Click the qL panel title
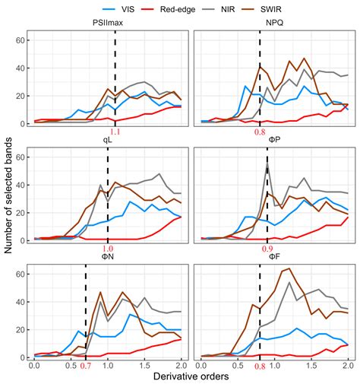(x=106, y=140)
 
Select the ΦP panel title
(x=273, y=140)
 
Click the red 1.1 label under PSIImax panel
(x=115, y=132)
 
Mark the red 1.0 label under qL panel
(x=107, y=249)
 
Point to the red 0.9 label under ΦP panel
(x=267, y=249)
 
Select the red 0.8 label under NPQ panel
(x=259, y=132)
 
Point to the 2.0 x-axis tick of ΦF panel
(x=346, y=366)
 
